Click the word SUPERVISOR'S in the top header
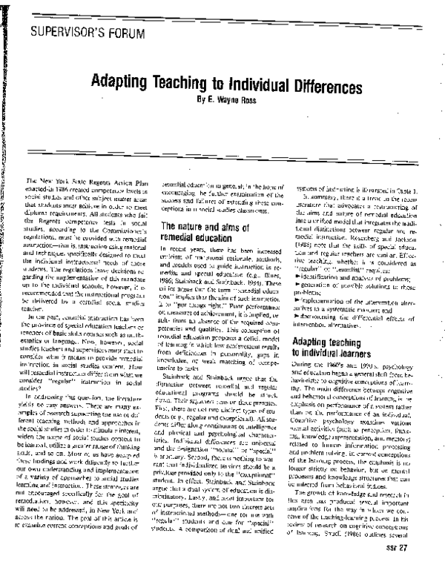(70, 32)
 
